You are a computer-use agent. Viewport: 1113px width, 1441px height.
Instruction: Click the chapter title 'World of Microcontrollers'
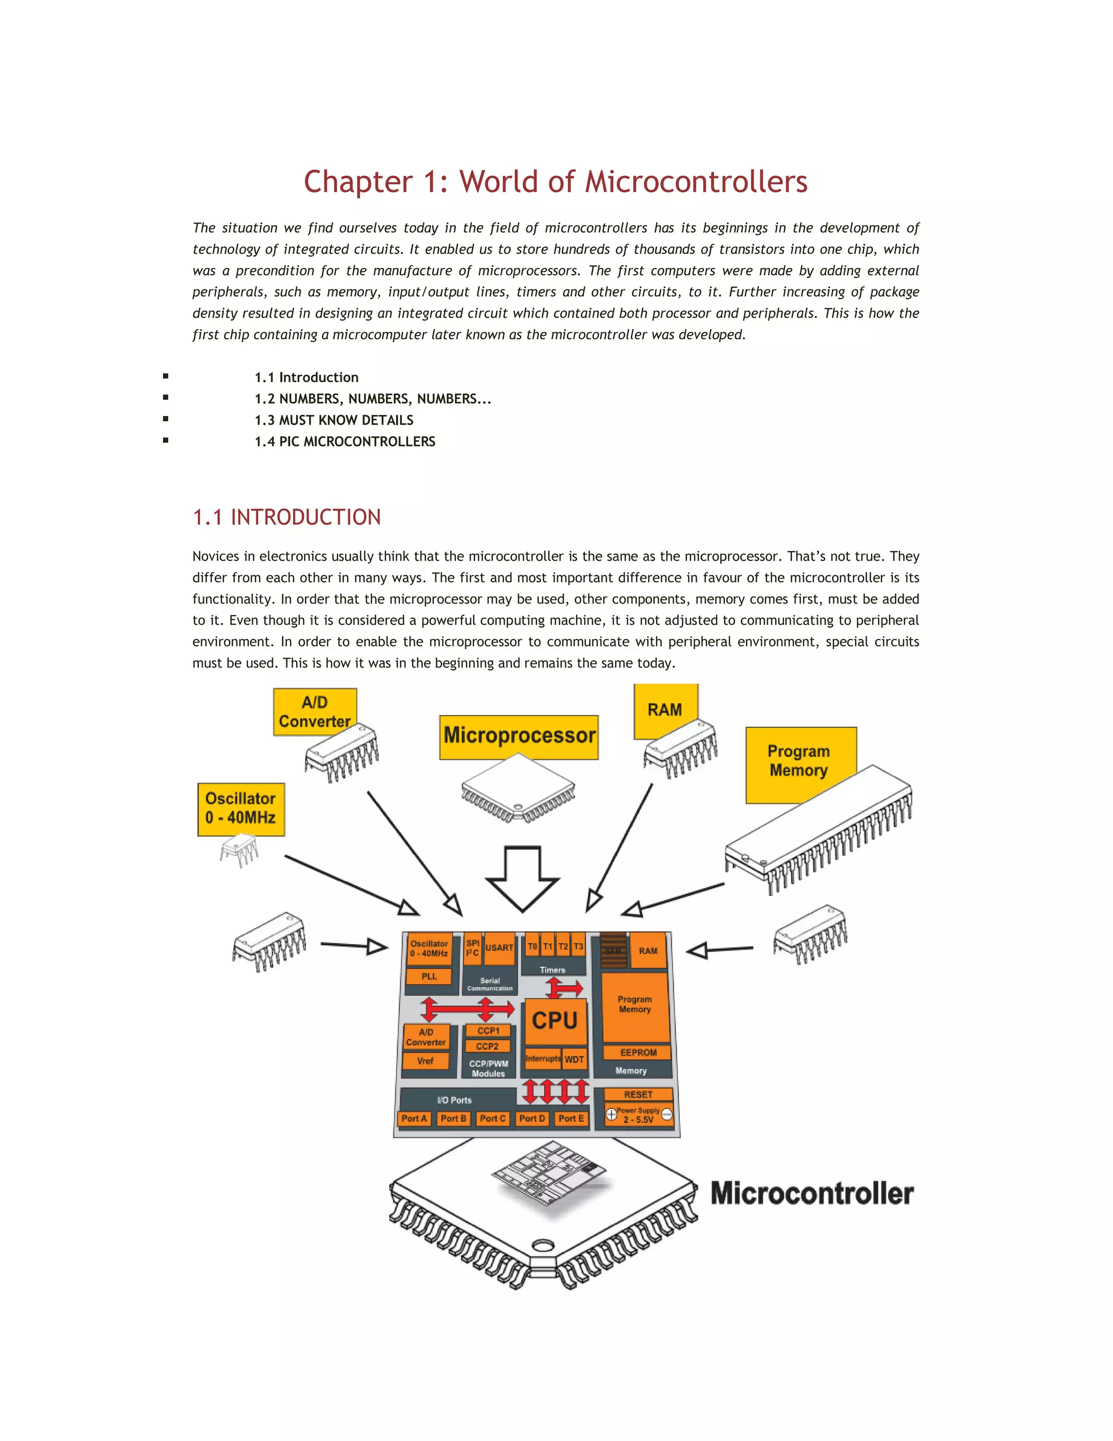click(x=555, y=182)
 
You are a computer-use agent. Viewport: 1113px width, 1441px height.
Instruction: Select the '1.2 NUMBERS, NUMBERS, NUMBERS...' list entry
click(x=372, y=399)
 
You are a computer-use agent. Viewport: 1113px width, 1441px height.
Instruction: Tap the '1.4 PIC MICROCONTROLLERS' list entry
click(x=345, y=442)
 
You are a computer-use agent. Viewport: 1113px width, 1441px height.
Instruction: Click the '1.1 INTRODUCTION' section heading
click(x=286, y=517)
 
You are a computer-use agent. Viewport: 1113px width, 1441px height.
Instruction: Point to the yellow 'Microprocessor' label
click(x=519, y=736)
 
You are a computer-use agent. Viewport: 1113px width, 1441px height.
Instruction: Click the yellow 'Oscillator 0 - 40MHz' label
click(x=241, y=808)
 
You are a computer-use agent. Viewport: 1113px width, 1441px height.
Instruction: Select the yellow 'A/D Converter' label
click(x=315, y=711)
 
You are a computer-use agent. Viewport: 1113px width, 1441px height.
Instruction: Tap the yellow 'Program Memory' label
click(x=798, y=761)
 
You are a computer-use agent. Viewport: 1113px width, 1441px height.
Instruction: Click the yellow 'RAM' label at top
click(x=664, y=710)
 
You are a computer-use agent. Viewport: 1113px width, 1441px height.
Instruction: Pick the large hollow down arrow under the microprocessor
click(x=522, y=878)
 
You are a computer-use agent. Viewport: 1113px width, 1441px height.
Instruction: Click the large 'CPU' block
click(x=554, y=1021)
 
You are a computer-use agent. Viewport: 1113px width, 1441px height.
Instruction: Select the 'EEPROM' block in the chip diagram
click(x=637, y=1052)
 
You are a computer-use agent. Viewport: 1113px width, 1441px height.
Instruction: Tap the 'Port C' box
click(x=492, y=1119)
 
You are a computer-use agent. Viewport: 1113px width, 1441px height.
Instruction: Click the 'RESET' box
click(x=637, y=1094)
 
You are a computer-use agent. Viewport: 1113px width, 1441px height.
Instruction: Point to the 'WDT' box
click(x=574, y=1059)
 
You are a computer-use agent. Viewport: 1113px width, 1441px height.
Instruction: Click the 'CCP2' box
click(x=487, y=1046)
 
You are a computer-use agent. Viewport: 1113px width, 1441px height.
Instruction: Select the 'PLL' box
click(x=429, y=977)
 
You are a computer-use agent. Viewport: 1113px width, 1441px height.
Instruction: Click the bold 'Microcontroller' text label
click(x=812, y=1193)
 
